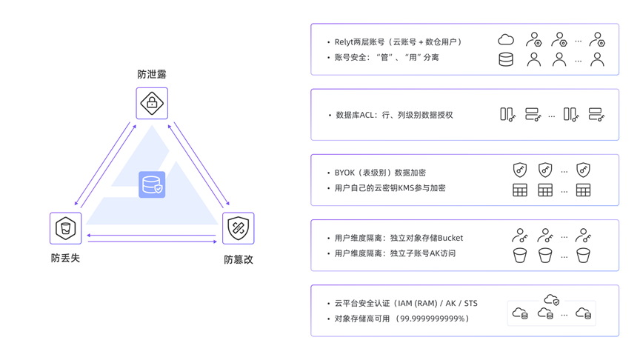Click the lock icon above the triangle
tap(152, 103)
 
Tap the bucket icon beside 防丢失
tap(66, 228)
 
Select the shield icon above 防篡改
tap(238, 228)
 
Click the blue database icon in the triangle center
tap(152, 184)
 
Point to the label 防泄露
tap(152, 75)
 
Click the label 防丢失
tap(66, 258)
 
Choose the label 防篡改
tap(239, 259)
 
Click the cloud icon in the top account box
tap(506, 39)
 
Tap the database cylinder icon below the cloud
tap(506, 59)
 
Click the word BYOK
tap(346, 173)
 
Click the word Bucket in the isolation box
tap(450, 238)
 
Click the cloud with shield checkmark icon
tap(552, 299)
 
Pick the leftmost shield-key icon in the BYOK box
tap(520, 170)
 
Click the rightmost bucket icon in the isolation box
tap(584, 256)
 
